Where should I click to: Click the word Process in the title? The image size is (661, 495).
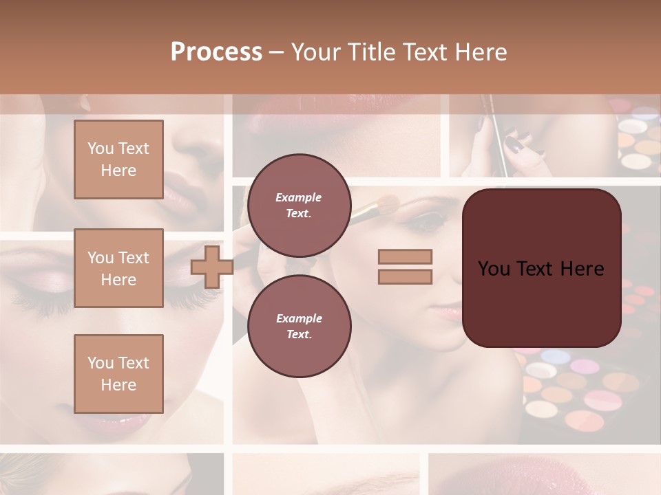point(216,52)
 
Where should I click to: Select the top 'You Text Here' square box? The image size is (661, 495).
point(118,159)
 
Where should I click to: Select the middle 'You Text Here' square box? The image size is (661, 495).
point(118,268)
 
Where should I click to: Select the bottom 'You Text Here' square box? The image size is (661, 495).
point(118,373)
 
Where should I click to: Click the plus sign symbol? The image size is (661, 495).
point(212,267)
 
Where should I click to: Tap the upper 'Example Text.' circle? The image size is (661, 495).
point(300,205)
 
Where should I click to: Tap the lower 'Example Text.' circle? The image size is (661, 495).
point(300,326)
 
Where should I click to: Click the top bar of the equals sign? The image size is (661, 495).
point(405,256)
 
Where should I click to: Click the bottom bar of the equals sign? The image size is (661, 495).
point(405,276)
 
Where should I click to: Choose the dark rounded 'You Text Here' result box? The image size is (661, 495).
point(541,268)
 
